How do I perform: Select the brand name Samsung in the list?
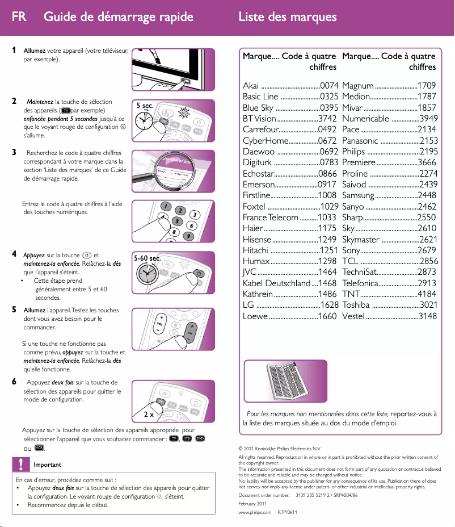point(359,195)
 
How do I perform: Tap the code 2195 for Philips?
point(428,152)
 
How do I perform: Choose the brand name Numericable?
point(366,119)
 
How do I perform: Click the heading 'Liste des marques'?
point(288,17)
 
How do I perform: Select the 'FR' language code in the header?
point(19,17)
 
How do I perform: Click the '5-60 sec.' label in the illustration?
point(148,258)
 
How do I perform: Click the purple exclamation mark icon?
point(20,465)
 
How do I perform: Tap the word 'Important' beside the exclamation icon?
point(48,465)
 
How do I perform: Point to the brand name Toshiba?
point(356,305)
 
